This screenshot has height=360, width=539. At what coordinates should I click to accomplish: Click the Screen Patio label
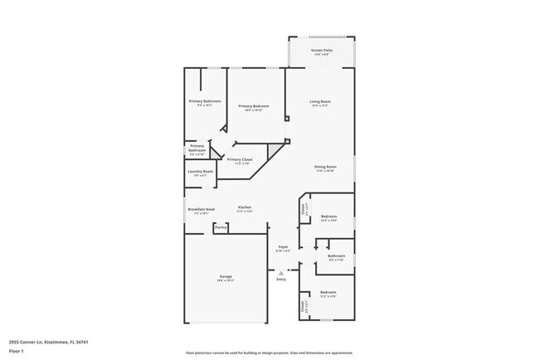(x=321, y=51)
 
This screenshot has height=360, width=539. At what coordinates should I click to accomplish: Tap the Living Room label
(x=319, y=101)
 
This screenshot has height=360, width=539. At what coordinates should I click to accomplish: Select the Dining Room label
(x=324, y=167)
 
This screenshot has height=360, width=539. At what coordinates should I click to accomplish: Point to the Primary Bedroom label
(x=254, y=105)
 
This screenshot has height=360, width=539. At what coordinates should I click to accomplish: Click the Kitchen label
(x=245, y=207)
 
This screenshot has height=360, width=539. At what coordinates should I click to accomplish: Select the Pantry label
(x=221, y=226)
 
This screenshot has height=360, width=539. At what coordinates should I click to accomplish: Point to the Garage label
(x=226, y=276)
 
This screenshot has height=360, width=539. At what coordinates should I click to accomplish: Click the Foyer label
(x=283, y=246)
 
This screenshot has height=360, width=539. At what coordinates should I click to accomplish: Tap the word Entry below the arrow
(x=281, y=279)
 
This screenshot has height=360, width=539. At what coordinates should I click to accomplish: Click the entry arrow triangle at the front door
(x=281, y=271)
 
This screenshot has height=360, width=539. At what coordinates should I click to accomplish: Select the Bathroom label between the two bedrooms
(x=336, y=256)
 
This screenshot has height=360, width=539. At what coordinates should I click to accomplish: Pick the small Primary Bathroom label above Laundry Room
(x=197, y=148)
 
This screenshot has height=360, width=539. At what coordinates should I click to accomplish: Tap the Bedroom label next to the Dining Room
(x=328, y=216)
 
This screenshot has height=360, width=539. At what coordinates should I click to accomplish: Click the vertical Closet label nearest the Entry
(x=303, y=307)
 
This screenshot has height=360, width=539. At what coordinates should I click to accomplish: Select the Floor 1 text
(x=17, y=350)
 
